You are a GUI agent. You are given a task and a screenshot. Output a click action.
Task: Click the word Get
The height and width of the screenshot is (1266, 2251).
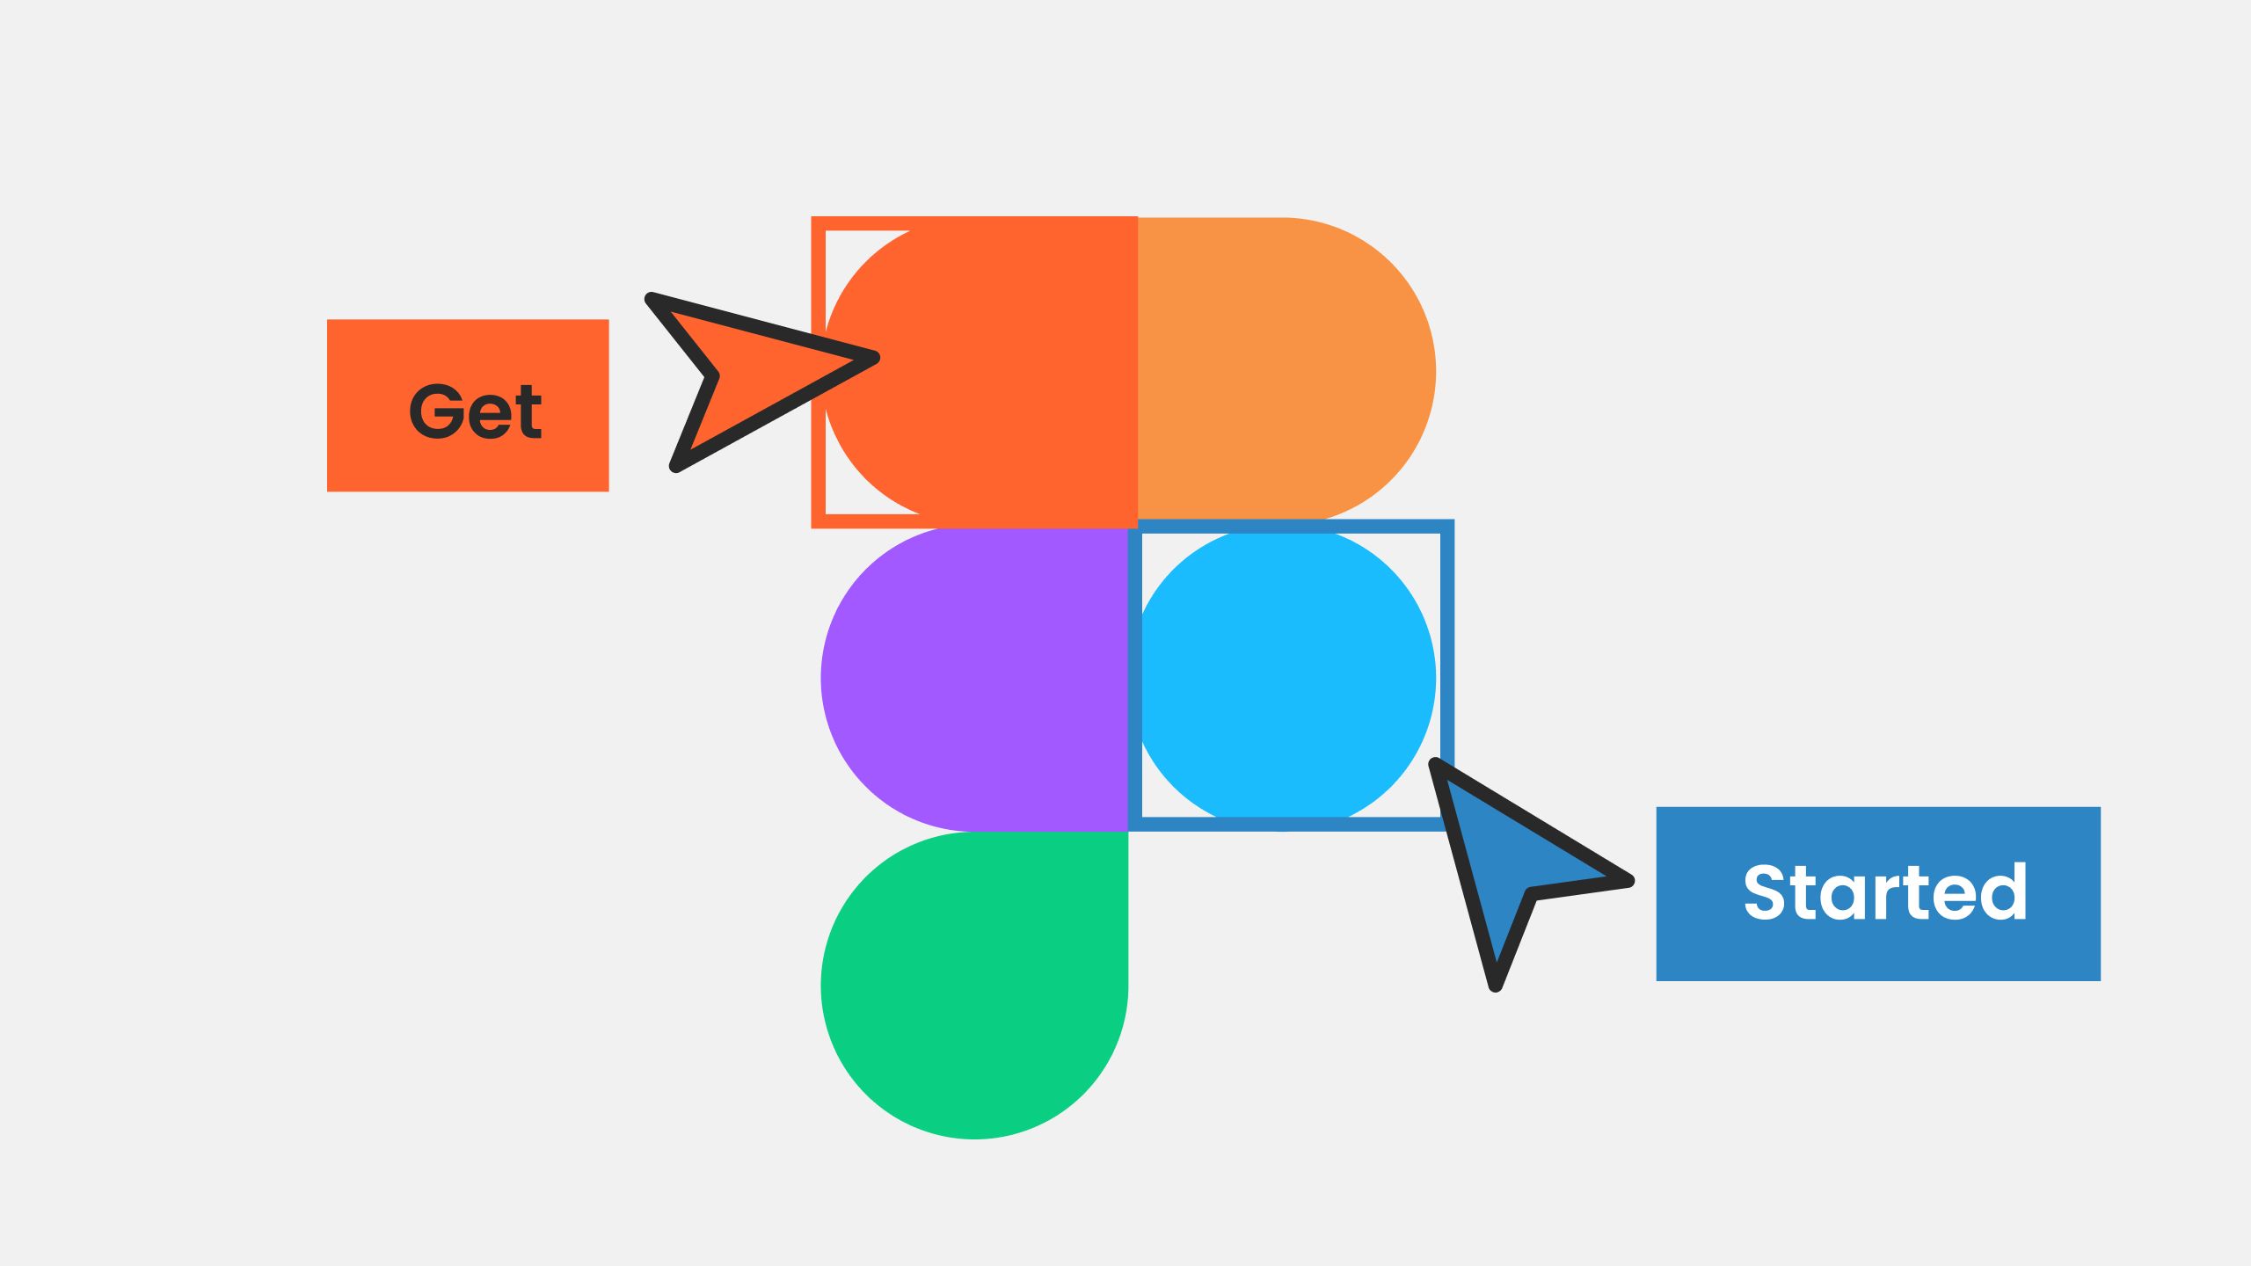pos(475,411)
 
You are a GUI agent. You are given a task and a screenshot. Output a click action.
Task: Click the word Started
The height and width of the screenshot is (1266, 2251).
pos(1885,892)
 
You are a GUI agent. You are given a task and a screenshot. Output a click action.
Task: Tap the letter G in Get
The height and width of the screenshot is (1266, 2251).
pos(436,411)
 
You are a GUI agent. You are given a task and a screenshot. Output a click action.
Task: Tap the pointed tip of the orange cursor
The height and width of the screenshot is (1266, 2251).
pos(873,358)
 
